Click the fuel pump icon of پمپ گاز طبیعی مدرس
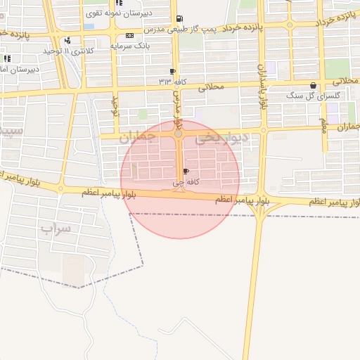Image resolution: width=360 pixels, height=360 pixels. [181, 19]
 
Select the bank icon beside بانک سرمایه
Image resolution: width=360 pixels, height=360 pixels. [129, 35]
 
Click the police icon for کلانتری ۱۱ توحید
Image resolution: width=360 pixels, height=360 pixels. [67, 41]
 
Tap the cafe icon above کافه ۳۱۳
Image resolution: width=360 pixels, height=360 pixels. [172, 72]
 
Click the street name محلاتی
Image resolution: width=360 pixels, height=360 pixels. [210, 88]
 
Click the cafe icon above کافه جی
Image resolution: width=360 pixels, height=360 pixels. [186, 171]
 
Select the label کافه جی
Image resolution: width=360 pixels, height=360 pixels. [184, 182]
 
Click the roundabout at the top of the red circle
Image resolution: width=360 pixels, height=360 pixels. [179, 132]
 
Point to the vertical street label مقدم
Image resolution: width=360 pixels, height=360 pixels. [324, 126]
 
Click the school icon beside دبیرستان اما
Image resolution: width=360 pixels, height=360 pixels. [7, 59]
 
